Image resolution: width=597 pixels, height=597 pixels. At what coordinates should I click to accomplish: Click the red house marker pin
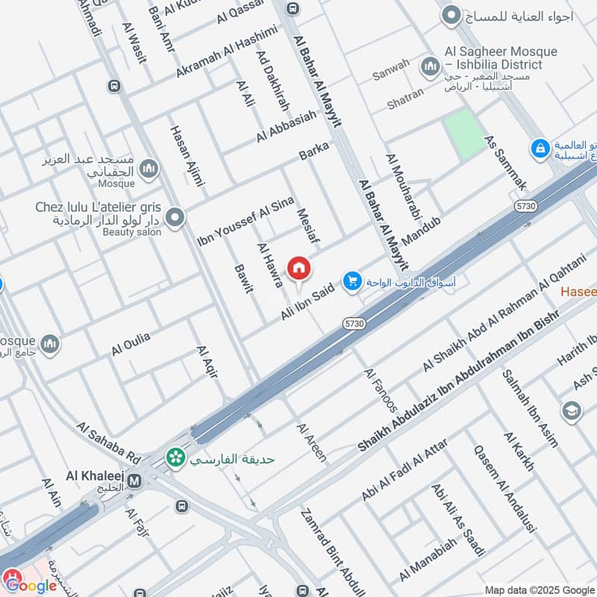(299, 268)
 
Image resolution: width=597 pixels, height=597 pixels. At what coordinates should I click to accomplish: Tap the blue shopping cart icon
(351, 281)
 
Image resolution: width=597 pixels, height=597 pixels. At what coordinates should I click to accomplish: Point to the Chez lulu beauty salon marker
(175, 218)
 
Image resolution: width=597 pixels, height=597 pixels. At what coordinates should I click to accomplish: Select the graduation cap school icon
(572, 412)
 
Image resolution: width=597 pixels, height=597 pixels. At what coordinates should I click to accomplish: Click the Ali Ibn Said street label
(306, 301)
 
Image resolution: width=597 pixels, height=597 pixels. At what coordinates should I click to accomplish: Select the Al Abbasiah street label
(286, 126)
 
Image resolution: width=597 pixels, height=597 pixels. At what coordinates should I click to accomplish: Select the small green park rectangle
(464, 134)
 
